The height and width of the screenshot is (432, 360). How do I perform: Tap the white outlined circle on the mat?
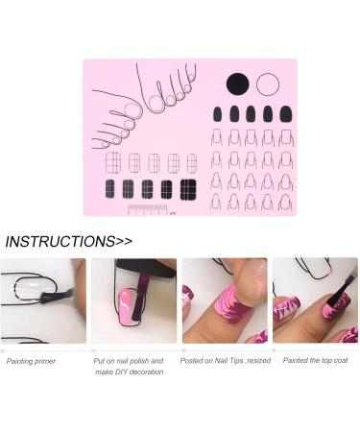tap(268, 84)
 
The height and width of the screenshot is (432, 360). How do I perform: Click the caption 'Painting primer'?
tap(30, 361)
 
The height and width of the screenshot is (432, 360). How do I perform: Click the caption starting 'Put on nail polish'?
tap(130, 366)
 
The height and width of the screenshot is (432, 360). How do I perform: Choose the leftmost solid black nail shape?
tap(216, 114)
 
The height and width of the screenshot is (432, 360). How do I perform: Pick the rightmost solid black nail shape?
tap(285, 114)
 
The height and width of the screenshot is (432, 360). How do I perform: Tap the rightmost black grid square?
tap(188, 187)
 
